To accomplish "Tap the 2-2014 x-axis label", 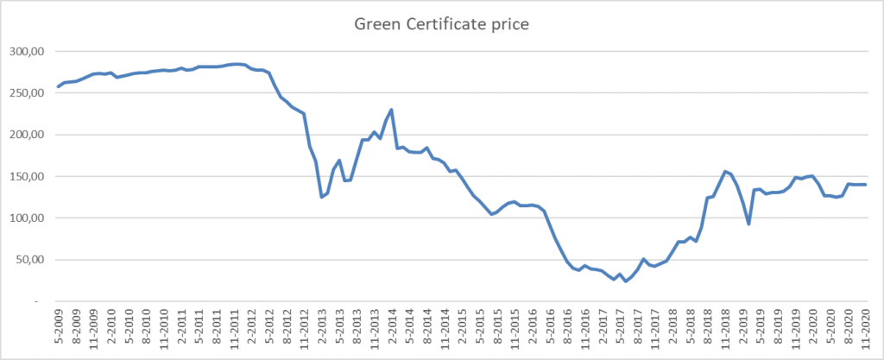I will [x=393, y=330].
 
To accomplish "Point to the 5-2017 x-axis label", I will [x=620, y=330].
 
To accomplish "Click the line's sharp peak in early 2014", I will [x=392, y=110].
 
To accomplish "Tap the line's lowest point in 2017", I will [x=626, y=281].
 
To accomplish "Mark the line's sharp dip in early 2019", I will [x=749, y=224].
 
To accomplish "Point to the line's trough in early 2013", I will [x=322, y=197].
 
